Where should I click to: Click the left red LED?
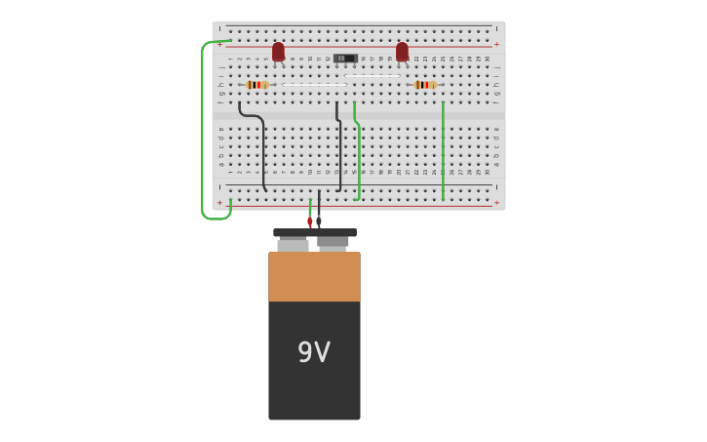point(278,51)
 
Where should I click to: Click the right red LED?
point(402,51)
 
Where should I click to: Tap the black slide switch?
point(343,59)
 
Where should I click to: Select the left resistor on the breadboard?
point(257,85)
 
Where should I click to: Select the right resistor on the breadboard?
point(424,85)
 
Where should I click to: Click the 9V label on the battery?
point(314,352)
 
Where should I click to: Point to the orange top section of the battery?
point(314,277)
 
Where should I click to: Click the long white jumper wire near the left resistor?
point(313,85)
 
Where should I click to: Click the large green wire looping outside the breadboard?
point(203,127)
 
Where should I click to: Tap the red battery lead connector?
point(310,221)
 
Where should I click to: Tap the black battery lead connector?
point(319,221)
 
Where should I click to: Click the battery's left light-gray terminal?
point(293,245)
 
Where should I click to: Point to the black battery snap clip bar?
point(314,233)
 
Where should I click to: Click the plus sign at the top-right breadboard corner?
point(496,44)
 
